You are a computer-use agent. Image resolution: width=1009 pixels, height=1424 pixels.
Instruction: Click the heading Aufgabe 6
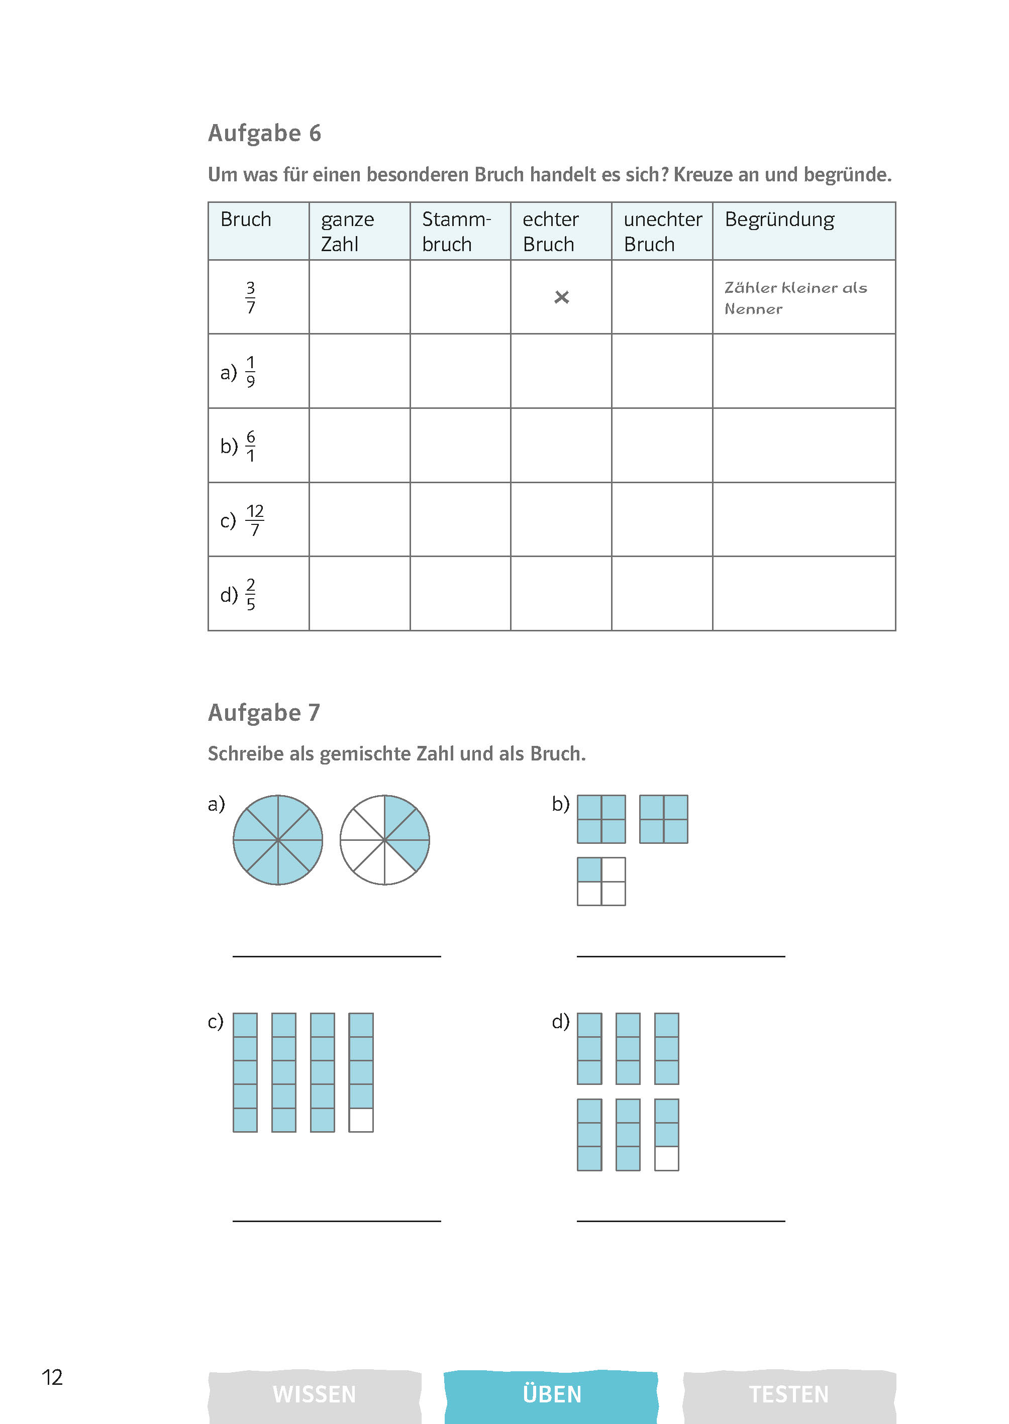tap(264, 134)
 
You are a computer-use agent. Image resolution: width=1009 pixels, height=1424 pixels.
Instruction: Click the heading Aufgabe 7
tap(263, 712)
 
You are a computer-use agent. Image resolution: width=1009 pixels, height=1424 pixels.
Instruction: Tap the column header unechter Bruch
tap(662, 231)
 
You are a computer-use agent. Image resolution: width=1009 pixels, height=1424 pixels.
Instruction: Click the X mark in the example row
tap(561, 297)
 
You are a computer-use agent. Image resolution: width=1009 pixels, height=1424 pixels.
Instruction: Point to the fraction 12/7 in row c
tap(255, 520)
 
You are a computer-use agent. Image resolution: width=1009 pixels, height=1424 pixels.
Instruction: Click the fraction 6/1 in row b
tap(250, 446)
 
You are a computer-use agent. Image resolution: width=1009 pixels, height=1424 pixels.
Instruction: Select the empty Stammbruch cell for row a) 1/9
tap(460, 371)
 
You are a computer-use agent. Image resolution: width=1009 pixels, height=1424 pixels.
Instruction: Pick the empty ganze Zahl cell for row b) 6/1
tap(359, 445)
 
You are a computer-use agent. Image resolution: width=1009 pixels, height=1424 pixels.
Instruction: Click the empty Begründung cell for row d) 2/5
tap(803, 594)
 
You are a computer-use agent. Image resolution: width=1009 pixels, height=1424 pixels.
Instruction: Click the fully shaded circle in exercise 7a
tap(278, 840)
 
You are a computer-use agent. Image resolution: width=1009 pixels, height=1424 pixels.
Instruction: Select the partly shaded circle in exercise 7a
tap(384, 840)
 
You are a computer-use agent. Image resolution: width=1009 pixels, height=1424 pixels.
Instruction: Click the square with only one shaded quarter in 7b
tap(601, 881)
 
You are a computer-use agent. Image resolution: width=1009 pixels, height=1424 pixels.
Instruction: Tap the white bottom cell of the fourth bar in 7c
tap(361, 1120)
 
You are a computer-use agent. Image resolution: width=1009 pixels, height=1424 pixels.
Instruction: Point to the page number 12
tap(52, 1377)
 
